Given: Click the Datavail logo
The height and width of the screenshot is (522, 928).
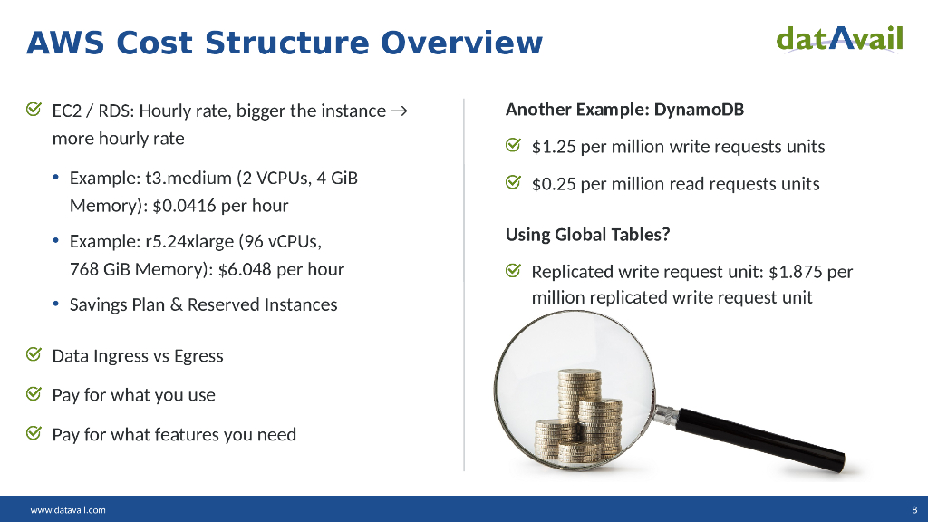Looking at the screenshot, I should coord(839,39).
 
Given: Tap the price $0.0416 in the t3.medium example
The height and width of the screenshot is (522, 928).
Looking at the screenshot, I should coord(185,206).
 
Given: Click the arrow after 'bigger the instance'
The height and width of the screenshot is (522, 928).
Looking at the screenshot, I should coord(398,111).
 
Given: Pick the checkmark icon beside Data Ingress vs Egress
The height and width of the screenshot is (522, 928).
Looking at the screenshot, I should coord(33,355).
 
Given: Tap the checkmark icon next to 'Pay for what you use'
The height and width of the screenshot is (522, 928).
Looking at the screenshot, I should coord(33,394).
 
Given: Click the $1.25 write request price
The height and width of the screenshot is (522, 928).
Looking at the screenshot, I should coord(553,147).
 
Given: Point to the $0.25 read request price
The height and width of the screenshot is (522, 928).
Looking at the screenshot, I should coord(553,184).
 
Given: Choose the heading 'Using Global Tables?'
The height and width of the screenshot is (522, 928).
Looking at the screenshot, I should coord(587,235).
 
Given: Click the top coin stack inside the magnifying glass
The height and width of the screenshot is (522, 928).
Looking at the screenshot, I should coord(578,384).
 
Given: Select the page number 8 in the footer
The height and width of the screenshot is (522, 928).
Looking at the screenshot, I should coord(914,509).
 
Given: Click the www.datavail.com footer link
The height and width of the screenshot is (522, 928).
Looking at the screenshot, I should coord(68,509).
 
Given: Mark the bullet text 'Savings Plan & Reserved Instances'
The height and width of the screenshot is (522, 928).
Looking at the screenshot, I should coord(203,304).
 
